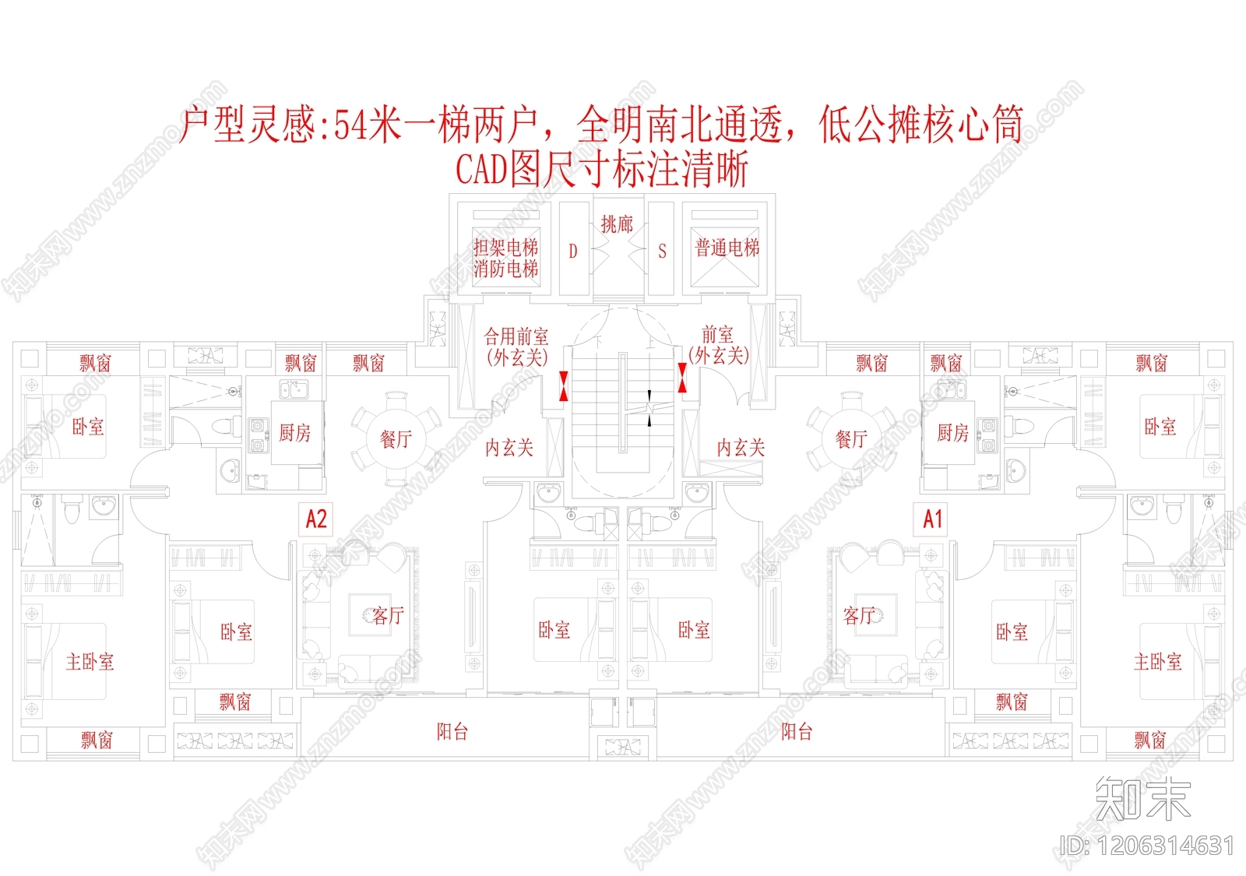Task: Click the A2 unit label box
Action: coord(316,519)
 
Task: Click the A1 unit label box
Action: coord(932,519)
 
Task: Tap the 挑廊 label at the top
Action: coord(617,224)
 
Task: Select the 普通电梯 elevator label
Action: coord(727,248)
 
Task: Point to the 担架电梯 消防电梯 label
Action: coord(506,259)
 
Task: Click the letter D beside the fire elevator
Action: coord(573,251)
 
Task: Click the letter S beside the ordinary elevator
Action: coord(662,251)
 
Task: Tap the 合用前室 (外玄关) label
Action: coord(516,347)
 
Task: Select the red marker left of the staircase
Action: coord(563,386)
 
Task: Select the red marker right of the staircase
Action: coord(682,378)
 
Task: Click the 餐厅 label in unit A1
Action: coord(851,439)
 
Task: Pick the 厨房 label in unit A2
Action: coord(295,433)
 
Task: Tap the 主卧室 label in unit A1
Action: coord(1157,662)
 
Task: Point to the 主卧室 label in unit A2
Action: coord(90,662)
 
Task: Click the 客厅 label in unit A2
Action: coord(388,616)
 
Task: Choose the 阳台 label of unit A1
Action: coord(797,731)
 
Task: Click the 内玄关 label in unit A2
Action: coord(509,448)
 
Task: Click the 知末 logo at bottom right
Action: coord(1142,798)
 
